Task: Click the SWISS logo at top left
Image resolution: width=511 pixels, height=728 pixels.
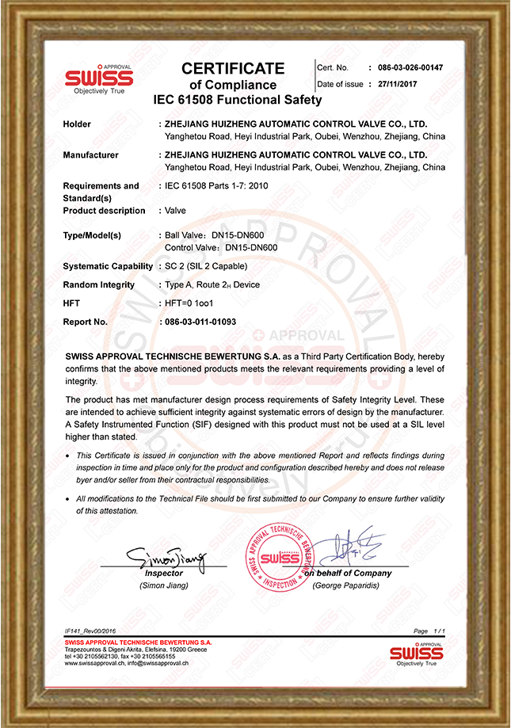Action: tap(99, 79)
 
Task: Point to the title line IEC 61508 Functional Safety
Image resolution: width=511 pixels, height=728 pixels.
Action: tap(238, 101)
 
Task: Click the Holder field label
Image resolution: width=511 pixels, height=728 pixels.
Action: tap(77, 124)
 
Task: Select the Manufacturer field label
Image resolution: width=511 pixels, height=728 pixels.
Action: tap(90, 155)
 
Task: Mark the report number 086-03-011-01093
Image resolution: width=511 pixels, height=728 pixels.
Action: tap(200, 322)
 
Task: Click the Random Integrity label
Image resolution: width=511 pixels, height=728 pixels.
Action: tap(98, 285)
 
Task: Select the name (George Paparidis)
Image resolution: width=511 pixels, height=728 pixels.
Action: tap(345, 585)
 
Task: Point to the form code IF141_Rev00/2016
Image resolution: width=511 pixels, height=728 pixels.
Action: tap(90, 630)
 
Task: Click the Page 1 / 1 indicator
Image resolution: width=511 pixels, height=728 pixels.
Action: tap(430, 630)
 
